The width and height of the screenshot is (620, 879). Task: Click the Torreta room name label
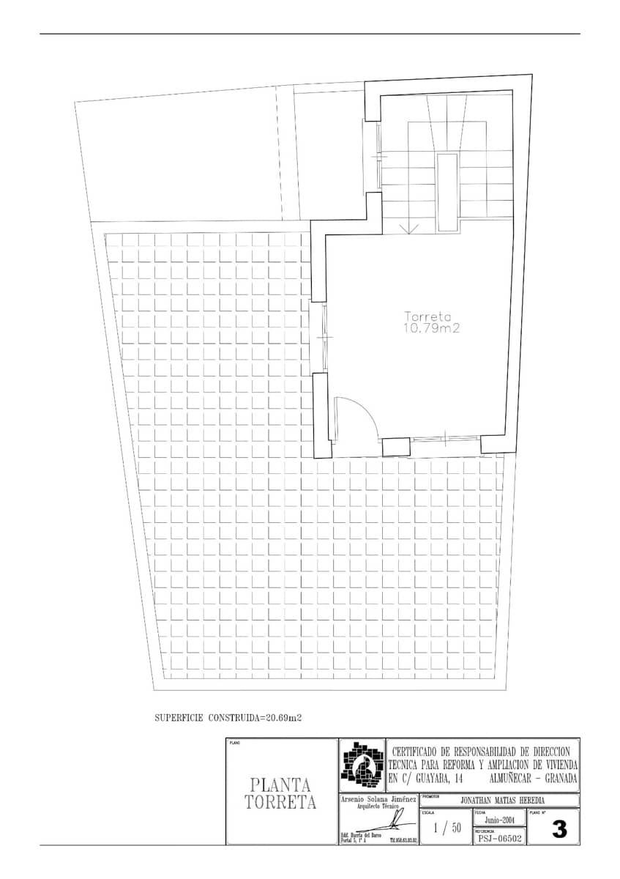tap(428, 317)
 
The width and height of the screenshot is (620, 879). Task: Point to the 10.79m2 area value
tap(431, 329)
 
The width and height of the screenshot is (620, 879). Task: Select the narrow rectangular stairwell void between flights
tap(445, 193)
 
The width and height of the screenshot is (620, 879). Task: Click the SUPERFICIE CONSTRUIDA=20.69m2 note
tap(228, 718)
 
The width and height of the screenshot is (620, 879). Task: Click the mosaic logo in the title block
tap(362, 765)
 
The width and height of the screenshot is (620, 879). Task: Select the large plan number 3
tap(559, 830)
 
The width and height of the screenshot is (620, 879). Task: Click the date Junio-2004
tap(498, 820)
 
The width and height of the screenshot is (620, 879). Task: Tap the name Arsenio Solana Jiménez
tap(378, 799)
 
